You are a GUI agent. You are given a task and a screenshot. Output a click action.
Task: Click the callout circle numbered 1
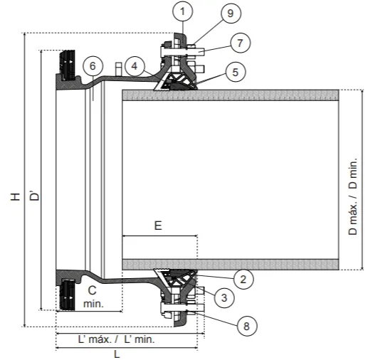182,11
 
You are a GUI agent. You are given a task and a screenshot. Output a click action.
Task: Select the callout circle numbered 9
231,14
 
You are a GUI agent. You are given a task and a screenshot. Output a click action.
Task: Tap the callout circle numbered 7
240,43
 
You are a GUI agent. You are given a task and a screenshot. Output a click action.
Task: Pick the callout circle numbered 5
236,72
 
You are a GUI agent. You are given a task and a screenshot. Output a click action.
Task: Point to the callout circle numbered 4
135,66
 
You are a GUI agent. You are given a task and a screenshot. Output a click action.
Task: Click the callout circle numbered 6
93,66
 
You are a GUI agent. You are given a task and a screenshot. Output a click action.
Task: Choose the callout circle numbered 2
243,280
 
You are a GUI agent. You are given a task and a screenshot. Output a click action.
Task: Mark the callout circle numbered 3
224,297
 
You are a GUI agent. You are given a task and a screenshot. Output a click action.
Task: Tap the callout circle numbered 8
247,326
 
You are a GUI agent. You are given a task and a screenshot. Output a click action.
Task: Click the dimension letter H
15,196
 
